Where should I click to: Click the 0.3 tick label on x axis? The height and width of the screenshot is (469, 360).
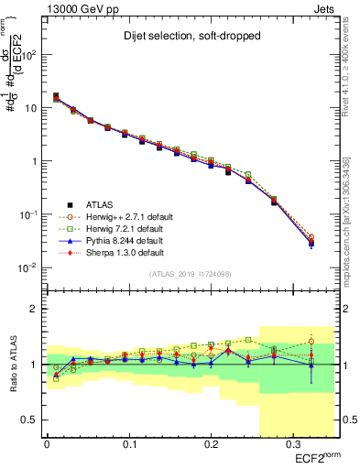point(290,444)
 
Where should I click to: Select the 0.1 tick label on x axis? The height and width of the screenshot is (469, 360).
point(128,444)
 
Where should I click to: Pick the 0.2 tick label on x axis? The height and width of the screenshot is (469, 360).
point(210,444)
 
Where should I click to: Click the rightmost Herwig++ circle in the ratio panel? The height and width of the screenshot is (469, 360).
point(311,341)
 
